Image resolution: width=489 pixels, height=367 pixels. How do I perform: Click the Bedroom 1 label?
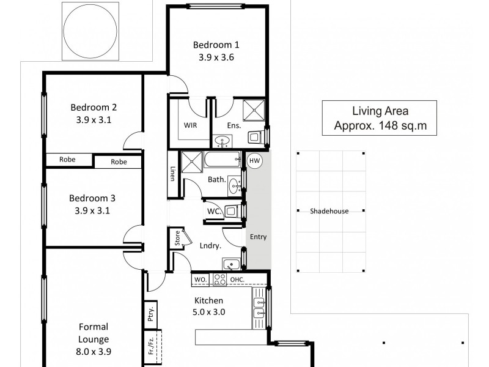point(216,45)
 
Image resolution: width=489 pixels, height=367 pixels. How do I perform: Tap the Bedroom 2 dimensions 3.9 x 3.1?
point(93,120)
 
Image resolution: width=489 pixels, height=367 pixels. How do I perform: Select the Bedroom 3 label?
point(92,198)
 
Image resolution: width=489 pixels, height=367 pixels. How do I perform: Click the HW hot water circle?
point(255,161)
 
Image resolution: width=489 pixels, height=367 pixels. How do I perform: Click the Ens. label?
point(234,125)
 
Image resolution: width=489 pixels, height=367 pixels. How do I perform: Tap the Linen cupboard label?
point(172,174)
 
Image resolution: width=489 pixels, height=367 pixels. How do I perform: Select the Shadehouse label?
point(329,211)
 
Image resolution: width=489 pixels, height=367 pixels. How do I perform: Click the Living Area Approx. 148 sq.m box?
point(380,118)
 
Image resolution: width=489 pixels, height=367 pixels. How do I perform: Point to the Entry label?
point(259,237)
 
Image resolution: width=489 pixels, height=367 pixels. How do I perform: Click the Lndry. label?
point(210,246)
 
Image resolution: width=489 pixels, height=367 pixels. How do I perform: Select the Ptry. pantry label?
point(150,315)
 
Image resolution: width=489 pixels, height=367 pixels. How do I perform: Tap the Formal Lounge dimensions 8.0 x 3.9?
point(93,352)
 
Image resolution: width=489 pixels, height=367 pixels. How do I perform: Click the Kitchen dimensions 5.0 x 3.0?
point(210,311)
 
